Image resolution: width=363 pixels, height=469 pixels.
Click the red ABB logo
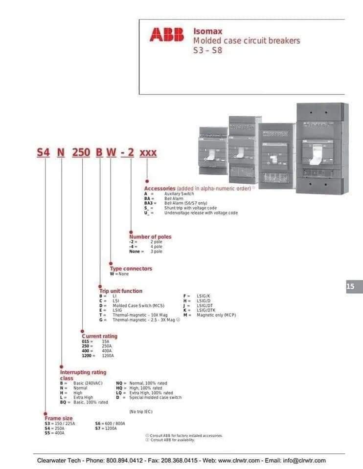click(x=167, y=34)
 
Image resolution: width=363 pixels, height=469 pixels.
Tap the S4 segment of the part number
click(x=44, y=152)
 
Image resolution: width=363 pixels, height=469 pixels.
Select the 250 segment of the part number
click(x=81, y=152)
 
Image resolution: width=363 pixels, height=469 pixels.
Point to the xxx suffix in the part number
click(x=148, y=152)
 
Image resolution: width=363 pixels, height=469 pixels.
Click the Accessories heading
click(x=159, y=188)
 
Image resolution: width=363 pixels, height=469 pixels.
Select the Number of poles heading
click(x=150, y=237)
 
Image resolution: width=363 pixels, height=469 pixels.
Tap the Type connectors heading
click(x=131, y=269)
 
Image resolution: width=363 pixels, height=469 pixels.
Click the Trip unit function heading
click(x=121, y=291)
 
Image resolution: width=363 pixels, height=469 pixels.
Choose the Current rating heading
click(x=99, y=336)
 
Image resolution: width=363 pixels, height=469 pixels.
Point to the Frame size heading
click(x=58, y=419)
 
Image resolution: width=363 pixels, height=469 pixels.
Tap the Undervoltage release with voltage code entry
click(x=201, y=213)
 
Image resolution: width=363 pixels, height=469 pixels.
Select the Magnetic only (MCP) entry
click(x=216, y=316)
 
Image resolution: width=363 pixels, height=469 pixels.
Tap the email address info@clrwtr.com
click(x=304, y=460)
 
